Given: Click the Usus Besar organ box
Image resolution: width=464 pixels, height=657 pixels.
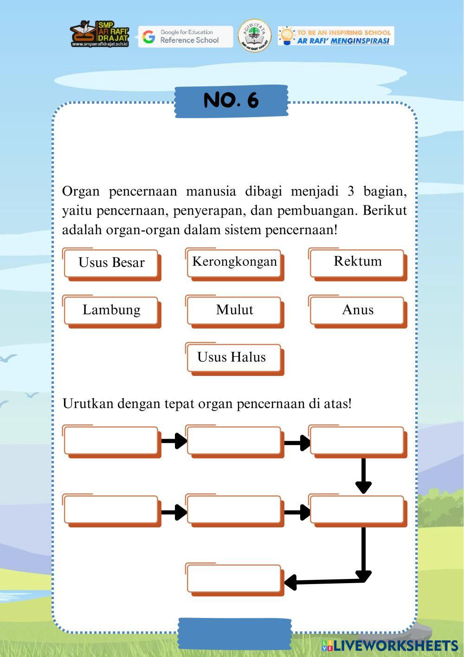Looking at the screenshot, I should point(111,263).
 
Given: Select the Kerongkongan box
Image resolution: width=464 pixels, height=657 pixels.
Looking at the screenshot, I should point(234,262).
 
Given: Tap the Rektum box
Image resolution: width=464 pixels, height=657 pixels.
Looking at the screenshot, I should point(357,262).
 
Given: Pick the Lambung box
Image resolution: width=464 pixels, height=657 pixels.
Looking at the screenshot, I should point(111,310).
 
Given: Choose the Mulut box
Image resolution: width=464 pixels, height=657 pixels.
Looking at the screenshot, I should point(234,310).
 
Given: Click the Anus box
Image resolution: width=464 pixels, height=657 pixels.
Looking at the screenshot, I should point(357,310).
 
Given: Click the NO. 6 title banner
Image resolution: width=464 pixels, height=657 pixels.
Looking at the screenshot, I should point(231,100).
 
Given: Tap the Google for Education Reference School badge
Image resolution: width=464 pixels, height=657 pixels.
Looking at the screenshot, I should point(186,36).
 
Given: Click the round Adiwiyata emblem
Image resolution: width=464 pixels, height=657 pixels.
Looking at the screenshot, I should point(254,35).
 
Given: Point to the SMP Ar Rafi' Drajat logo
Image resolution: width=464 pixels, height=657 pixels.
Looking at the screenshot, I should point(99,33).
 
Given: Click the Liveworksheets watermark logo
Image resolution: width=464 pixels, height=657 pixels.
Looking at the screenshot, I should point(390,646).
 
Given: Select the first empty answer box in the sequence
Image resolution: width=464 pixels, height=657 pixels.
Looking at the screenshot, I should point(111,440).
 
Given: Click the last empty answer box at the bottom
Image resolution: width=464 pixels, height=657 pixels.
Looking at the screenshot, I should point(234,578).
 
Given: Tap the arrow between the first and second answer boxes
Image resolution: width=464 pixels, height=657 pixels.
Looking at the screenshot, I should point(174,440).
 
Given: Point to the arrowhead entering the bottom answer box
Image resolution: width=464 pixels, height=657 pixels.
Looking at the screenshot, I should point(291,582).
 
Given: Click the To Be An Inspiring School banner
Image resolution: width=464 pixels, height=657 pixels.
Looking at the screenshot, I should point(336,36).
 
